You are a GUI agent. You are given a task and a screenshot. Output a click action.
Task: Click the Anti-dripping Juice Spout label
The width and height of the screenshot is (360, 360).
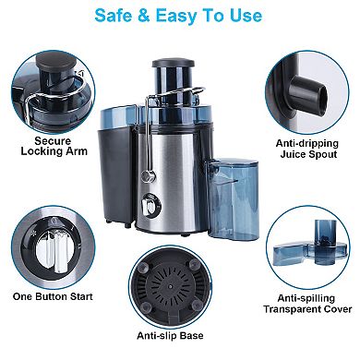pos(306,148)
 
